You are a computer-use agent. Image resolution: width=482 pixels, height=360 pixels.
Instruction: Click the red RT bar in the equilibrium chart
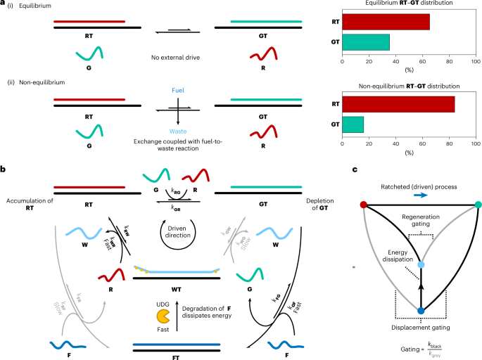pyautogui.click(x=386, y=22)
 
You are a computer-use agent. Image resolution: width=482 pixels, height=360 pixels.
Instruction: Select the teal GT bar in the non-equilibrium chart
pyautogui.click(x=353, y=124)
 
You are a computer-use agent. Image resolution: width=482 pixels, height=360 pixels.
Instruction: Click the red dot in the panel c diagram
pyautogui.click(x=362, y=205)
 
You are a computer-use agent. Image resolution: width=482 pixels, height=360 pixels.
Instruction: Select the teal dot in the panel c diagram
pyautogui.click(x=479, y=205)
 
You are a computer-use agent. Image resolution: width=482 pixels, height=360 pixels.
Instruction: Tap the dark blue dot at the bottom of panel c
pyautogui.click(x=421, y=311)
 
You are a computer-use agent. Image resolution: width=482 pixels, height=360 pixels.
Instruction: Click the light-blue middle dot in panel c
pyautogui.click(x=421, y=264)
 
